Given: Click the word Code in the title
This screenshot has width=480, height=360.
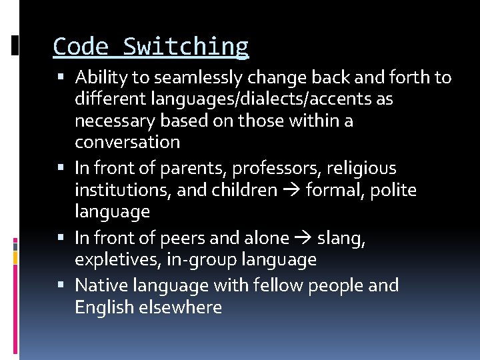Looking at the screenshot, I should coord(81,47).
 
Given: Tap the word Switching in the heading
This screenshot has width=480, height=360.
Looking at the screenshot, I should coord(186,47).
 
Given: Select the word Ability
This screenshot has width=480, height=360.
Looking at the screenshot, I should coord(101,78).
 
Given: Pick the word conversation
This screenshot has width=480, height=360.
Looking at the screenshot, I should coord(127,142).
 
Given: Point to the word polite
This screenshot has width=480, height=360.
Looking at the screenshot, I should coord(393,190).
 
